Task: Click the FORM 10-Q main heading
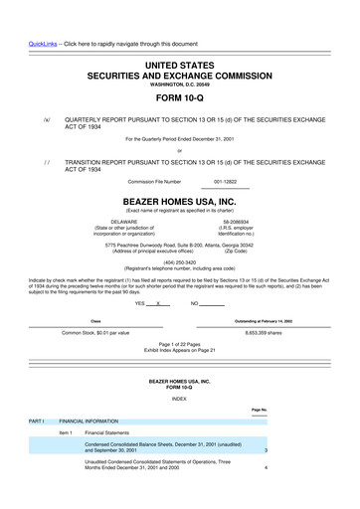pos(179,82)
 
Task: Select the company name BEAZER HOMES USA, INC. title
pos(179,199)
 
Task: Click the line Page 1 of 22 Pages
pos(179,343)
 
